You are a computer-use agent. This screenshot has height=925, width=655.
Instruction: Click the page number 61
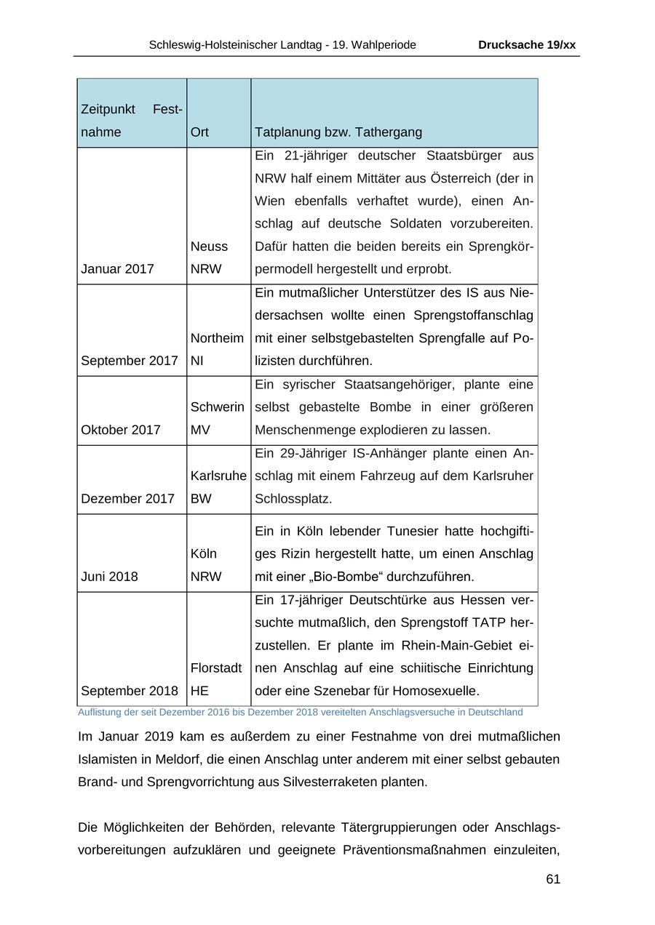(x=552, y=879)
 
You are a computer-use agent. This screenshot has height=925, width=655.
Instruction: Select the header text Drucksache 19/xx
(x=526, y=45)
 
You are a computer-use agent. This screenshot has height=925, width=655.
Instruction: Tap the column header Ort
(x=199, y=132)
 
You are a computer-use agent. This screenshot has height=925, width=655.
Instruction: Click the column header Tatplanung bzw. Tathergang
(x=338, y=132)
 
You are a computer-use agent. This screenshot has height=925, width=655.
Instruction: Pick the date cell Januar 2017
(x=117, y=269)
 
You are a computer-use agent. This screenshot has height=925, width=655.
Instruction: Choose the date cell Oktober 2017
(x=120, y=430)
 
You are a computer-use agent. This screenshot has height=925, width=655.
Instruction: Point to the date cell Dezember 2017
(x=127, y=499)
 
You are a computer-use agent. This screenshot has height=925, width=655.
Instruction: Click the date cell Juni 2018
(x=109, y=577)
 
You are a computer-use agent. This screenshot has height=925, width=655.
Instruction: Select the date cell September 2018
(x=130, y=691)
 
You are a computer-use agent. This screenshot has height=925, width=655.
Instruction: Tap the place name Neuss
(x=209, y=247)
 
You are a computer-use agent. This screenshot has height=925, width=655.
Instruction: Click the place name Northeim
(x=217, y=338)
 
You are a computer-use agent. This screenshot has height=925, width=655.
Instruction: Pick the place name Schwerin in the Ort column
(x=218, y=407)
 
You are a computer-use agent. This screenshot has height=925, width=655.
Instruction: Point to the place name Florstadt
(x=216, y=668)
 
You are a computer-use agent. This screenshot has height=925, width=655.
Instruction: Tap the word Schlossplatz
(x=293, y=499)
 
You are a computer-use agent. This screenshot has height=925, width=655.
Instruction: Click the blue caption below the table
(x=300, y=712)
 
